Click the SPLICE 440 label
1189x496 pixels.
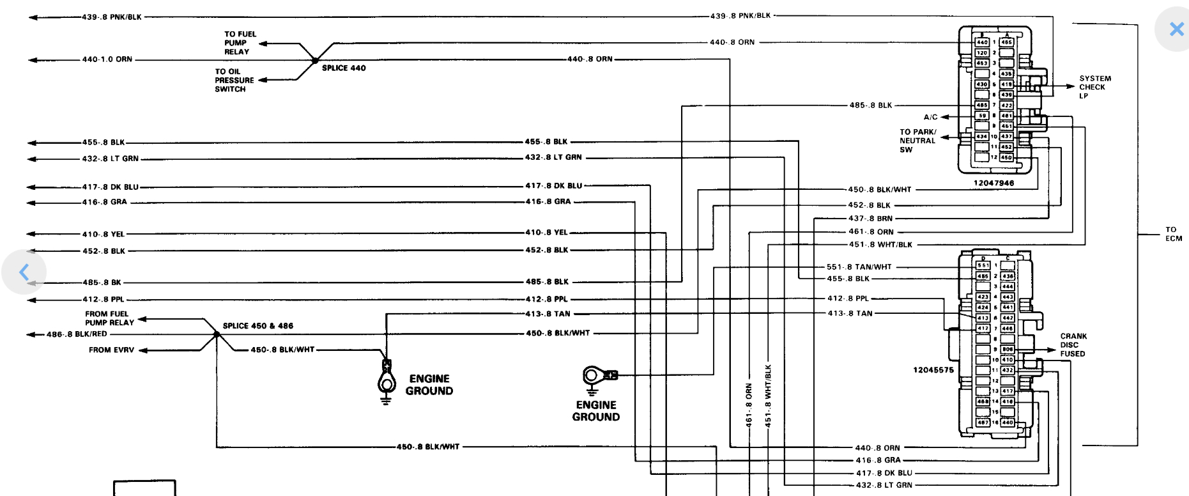344,68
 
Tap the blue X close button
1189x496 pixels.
1176,29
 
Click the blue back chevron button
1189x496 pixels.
24,272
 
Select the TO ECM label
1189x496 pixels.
1173,234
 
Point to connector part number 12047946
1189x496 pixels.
993,183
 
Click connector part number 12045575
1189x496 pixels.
933,370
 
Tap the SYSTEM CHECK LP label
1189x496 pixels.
1095,87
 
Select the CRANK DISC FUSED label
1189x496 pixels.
1073,345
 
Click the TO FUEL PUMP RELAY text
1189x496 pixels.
240,43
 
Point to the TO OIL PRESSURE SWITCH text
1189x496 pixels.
234,81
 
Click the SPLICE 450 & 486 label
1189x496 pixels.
257,326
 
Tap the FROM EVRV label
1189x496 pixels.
111,350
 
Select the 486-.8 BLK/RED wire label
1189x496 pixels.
77,334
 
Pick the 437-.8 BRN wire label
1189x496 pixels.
870,219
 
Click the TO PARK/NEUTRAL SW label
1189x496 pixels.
917,141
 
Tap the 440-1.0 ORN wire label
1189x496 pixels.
107,59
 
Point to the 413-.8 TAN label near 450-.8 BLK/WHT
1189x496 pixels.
548,314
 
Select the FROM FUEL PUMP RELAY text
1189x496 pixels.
109,318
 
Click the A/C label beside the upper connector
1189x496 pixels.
930,117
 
